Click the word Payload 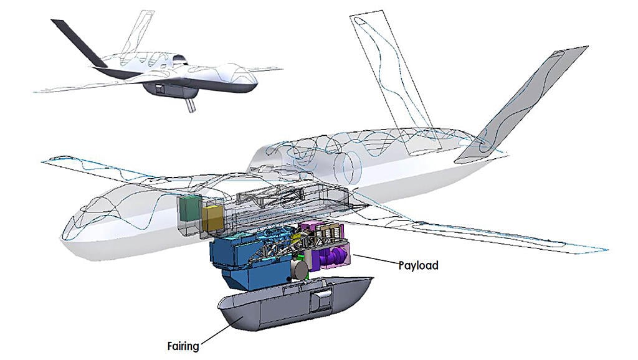[418, 266]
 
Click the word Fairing [184, 346]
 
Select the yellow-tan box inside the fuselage [213, 217]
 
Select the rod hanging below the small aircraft [191, 104]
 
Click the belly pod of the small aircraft [171, 90]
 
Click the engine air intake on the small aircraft [179, 60]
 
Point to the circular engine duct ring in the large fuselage [347, 168]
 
